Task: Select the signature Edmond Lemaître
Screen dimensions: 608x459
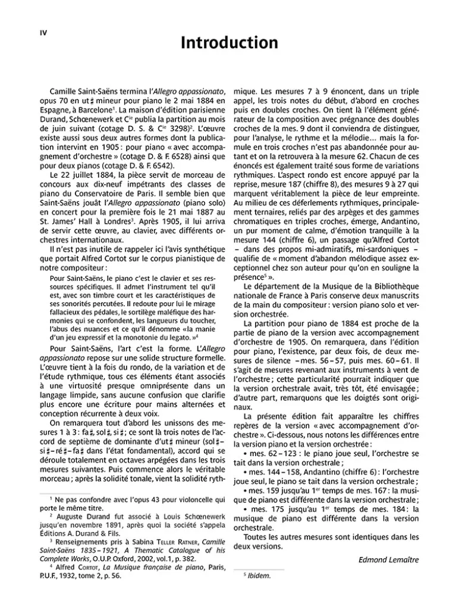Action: coord(388,560)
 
